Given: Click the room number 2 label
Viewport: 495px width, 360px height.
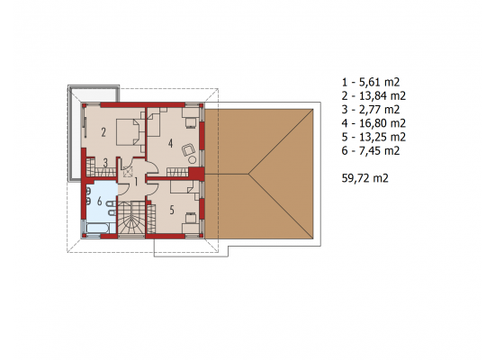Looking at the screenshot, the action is click(x=103, y=132).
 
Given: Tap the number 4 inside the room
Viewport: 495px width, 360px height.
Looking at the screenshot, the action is click(x=170, y=143).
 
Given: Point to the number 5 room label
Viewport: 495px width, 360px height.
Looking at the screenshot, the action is click(x=172, y=210).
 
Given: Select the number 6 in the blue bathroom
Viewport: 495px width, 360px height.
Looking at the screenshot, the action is click(x=100, y=201).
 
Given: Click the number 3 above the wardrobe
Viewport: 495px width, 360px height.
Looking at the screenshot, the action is click(x=105, y=163).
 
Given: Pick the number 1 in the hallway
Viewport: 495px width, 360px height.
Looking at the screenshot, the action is click(x=136, y=182).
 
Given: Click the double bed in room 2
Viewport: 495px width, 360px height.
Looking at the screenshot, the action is click(x=128, y=131).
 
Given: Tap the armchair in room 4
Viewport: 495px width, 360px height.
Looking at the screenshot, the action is click(x=189, y=149).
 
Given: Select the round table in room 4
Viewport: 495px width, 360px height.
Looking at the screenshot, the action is click(x=192, y=160).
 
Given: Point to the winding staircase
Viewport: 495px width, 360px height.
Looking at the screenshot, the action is click(x=131, y=219).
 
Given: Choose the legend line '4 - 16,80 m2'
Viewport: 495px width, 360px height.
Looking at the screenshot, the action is click(x=373, y=123).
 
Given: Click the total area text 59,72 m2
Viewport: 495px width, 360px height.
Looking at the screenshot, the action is click(x=364, y=178).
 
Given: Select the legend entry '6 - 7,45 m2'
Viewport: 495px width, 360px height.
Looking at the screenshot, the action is click(x=371, y=150).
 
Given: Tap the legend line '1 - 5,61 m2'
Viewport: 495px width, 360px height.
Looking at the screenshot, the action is click(x=371, y=82).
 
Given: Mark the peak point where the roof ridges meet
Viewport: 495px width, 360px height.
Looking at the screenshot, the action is click(x=248, y=174).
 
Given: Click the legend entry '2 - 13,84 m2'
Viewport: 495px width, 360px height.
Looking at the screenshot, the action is click(x=373, y=95).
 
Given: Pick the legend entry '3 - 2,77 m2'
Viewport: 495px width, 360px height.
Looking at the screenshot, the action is click(x=371, y=110).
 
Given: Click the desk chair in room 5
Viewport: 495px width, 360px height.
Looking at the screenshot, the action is click(x=190, y=218).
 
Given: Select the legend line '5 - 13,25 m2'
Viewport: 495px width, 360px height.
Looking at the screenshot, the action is click(x=373, y=137).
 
